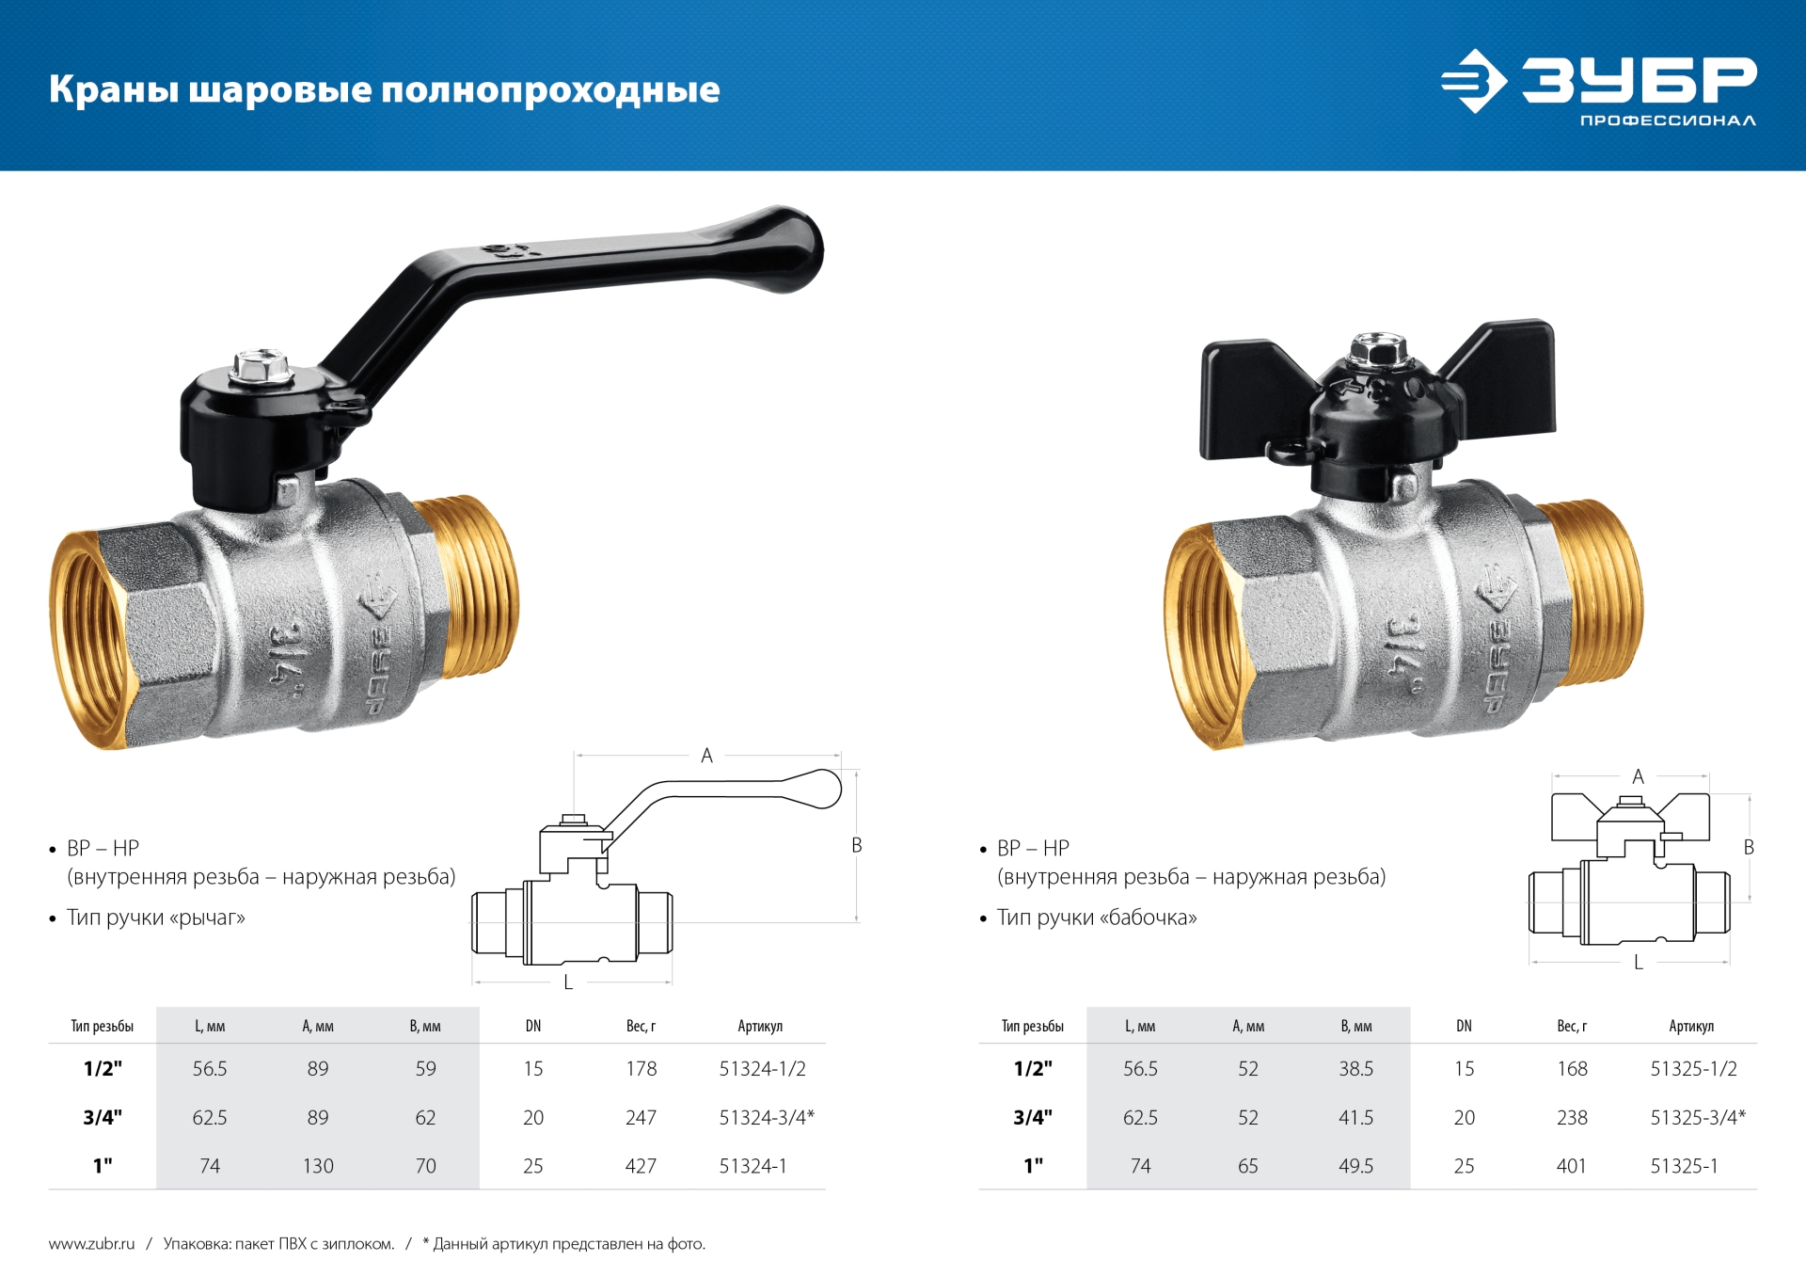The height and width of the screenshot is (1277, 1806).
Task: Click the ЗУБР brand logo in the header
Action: tap(1599, 85)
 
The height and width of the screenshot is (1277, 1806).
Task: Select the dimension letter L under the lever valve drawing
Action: tap(568, 982)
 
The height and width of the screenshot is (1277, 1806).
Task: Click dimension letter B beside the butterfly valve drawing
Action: tap(1749, 847)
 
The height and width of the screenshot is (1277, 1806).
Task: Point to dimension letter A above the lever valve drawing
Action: tap(706, 756)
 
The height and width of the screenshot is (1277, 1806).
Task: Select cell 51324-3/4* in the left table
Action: tap(767, 1117)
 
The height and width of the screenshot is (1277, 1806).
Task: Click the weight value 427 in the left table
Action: tap(641, 1166)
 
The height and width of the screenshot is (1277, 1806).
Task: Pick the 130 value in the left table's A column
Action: tap(318, 1166)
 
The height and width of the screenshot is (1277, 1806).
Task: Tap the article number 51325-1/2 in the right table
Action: tap(1693, 1069)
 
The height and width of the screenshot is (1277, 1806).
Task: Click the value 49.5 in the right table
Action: tap(1355, 1166)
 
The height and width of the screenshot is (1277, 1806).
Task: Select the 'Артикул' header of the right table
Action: tap(1690, 1026)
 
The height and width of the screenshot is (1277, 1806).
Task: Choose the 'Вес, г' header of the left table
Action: tap(641, 1026)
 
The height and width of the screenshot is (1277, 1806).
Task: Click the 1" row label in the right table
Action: tap(1033, 1166)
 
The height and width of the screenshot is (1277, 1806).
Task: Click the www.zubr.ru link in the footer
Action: tap(92, 1244)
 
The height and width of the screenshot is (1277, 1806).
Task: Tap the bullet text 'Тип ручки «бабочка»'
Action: tap(1096, 918)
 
